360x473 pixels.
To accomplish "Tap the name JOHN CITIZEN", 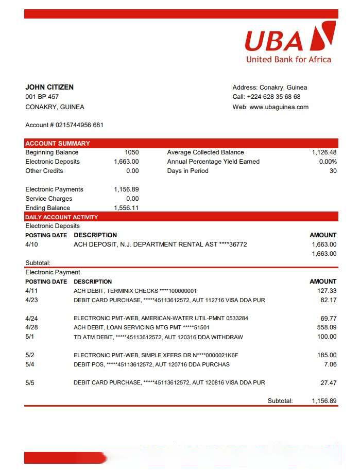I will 49,87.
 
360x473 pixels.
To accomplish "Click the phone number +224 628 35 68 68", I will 273,97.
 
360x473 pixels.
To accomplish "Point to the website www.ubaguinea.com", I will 279,107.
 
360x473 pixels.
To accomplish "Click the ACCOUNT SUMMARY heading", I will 58,143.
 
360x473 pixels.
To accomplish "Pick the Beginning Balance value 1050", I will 132,152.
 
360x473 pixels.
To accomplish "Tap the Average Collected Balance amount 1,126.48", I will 324,152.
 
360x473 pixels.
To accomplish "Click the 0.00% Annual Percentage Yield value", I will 328,162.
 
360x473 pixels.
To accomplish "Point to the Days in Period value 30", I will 333,171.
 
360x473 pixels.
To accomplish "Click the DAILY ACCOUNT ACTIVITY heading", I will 61,217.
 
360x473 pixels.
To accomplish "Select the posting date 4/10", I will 31,244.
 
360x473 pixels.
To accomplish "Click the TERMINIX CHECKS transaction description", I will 135,291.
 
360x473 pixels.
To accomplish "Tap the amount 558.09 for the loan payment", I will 327,327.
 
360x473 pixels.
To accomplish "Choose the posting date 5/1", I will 30,337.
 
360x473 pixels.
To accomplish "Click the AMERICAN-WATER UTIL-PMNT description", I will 161,318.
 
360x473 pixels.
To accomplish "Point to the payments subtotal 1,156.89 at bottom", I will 324,401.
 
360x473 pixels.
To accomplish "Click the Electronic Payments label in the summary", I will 54,189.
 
